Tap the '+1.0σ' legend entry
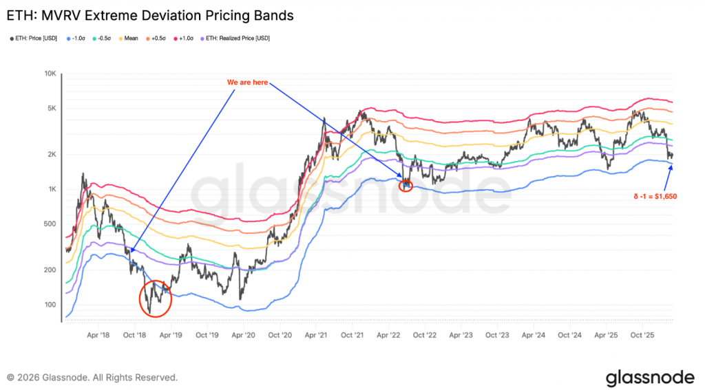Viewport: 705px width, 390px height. click(x=186, y=38)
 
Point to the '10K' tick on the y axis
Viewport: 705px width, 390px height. click(x=50, y=74)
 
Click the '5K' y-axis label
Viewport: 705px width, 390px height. click(x=51, y=108)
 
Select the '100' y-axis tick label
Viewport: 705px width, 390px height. click(x=50, y=304)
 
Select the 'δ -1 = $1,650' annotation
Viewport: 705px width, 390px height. click(x=655, y=197)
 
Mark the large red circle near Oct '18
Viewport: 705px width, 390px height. click(x=156, y=298)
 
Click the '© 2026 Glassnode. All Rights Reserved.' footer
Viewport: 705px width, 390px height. click(x=92, y=378)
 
